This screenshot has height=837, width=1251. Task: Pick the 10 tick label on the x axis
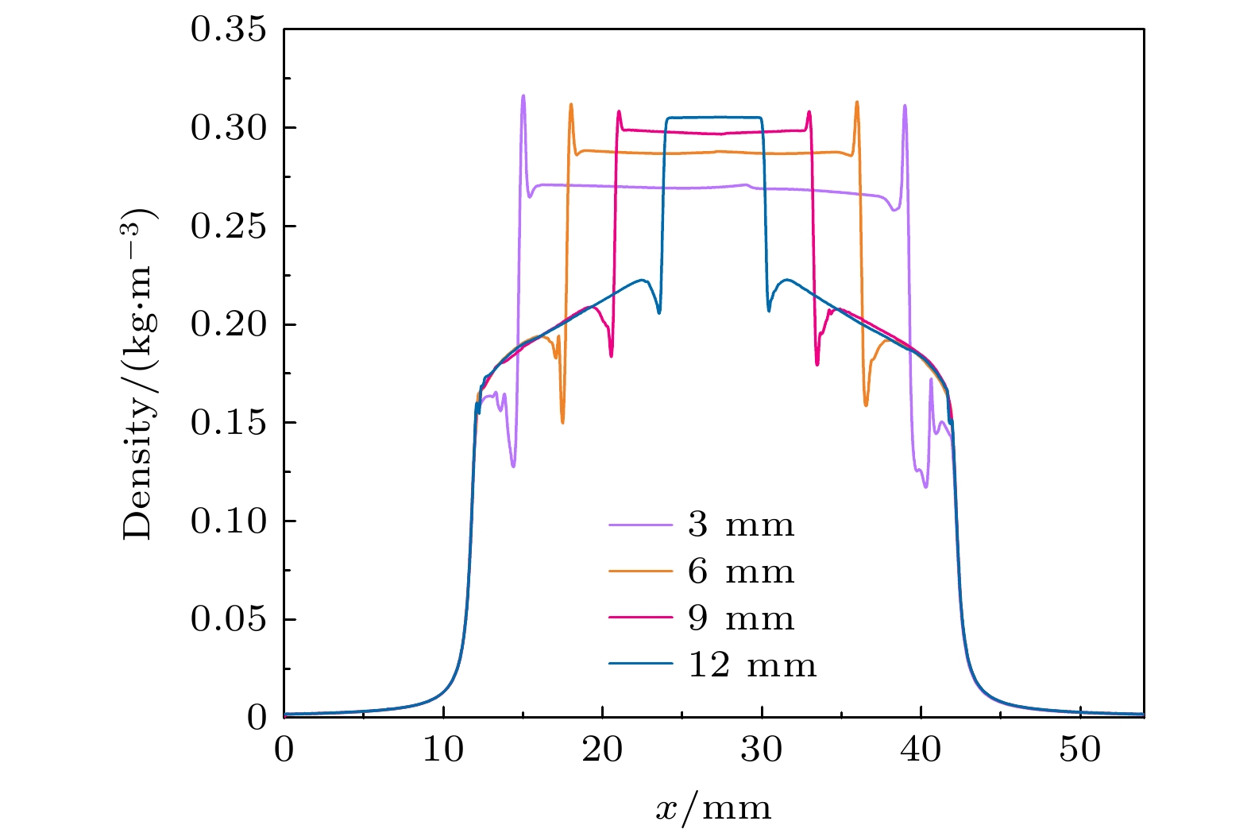point(443,750)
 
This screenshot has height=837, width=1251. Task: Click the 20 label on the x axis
point(603,750)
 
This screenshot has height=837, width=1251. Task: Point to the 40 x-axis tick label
point(921,750)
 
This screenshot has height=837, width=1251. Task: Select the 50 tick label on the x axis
point(1080,750)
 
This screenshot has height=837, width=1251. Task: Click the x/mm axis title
point(713,808)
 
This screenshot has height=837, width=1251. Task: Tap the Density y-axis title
point(138,374)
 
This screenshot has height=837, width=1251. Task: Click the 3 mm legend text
point(740,525)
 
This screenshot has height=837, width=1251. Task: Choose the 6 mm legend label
point(740,572)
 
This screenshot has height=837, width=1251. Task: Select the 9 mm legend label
point(740,618)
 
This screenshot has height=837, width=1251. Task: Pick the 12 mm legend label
point(751,665)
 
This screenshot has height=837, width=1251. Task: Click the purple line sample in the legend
point(640,525)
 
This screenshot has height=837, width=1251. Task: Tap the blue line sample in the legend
point(640,665)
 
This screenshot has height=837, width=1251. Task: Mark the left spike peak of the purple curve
point(523,95)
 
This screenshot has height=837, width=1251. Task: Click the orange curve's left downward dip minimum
point(562,422)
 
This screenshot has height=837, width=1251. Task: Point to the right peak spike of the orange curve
point(856,102)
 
